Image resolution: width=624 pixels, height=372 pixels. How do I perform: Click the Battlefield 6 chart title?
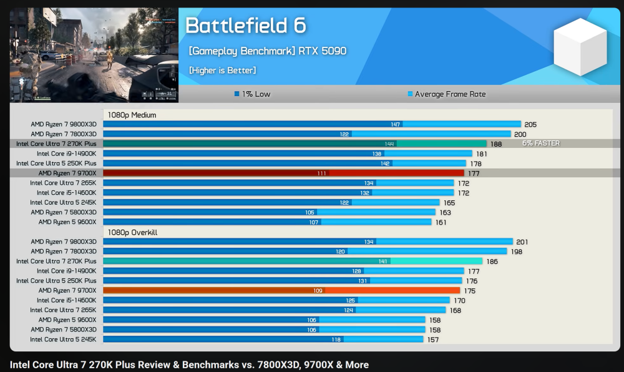246,26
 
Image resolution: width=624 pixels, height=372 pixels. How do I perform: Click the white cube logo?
580,47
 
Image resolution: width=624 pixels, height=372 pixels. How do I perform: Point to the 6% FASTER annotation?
541,144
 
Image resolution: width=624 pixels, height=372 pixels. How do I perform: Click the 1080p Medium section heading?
132,115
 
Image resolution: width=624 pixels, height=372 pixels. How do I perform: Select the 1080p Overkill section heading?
132,232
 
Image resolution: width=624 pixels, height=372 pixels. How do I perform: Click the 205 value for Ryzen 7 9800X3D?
530,125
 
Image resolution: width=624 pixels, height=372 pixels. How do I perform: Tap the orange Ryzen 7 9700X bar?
281,290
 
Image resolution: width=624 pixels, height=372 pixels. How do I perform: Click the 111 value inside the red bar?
321,174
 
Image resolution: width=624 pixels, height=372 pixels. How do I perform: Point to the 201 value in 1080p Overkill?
522,242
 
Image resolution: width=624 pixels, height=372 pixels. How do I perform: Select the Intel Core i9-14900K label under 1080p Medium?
66,154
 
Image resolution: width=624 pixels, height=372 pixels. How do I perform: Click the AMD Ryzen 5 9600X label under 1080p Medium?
67,222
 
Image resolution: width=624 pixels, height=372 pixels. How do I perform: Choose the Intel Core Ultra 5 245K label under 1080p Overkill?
63,340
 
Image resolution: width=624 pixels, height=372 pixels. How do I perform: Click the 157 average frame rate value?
432,340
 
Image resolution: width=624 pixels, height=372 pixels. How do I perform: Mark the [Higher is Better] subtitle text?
222,71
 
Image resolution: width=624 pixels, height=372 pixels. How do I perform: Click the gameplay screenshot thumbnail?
94,55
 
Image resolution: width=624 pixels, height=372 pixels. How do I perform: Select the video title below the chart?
189,365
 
